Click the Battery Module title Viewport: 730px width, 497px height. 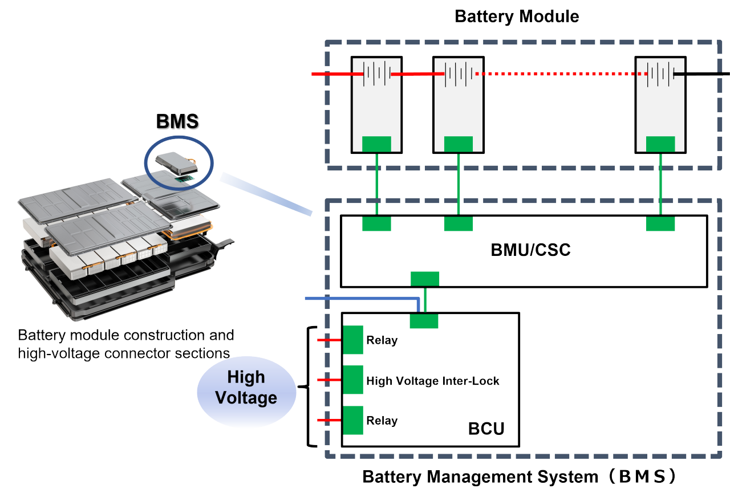(517, 17)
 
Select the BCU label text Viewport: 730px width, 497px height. (486, 428)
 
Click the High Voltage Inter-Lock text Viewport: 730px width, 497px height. (432, 381)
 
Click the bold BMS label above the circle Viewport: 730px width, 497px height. (179, 122)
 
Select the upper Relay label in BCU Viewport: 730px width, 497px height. (382, 341)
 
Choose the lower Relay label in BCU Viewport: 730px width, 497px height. (382, 421)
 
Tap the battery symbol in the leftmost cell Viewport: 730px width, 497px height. (376, 74)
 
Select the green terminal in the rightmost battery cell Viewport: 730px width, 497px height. (660, 144)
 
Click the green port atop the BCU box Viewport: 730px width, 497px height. (424, 320)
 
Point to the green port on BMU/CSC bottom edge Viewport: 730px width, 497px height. (425, 279)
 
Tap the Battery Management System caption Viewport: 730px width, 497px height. (519, 476)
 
